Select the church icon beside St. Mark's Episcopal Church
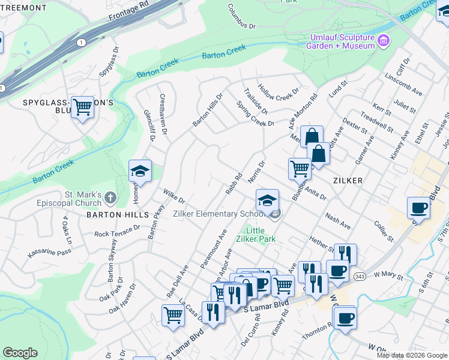click(110, 197)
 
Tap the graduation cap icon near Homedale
click(140, 172)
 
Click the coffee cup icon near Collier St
click(418, 208)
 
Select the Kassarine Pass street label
click(49, 251)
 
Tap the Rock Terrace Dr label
click(117, 231)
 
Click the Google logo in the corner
click(20, 353)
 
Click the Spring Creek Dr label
click(255, 115)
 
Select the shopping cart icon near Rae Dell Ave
click(173, 314)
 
